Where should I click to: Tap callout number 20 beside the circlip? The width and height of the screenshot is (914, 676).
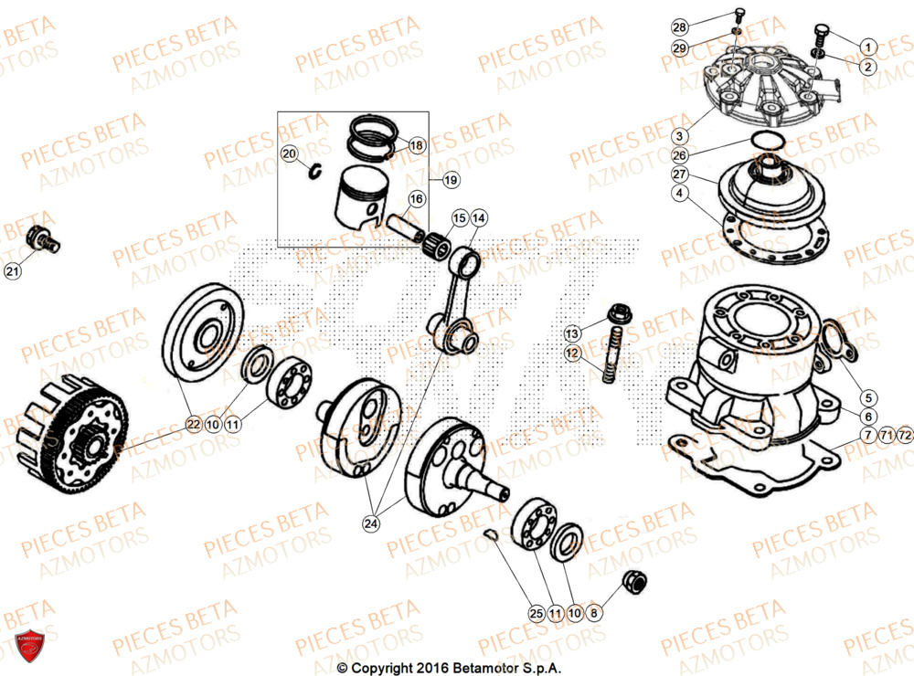[289, 154]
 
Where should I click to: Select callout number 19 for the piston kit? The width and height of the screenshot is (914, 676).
[450, 181]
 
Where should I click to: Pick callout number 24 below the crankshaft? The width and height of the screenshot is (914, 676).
[370, 523]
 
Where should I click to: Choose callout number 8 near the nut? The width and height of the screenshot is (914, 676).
[593, 614]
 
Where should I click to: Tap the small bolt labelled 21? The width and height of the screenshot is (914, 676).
[42, 238]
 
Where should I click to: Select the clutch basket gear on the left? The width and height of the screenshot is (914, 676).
[82, 438]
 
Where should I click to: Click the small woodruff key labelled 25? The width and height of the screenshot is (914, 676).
[491, 536]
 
